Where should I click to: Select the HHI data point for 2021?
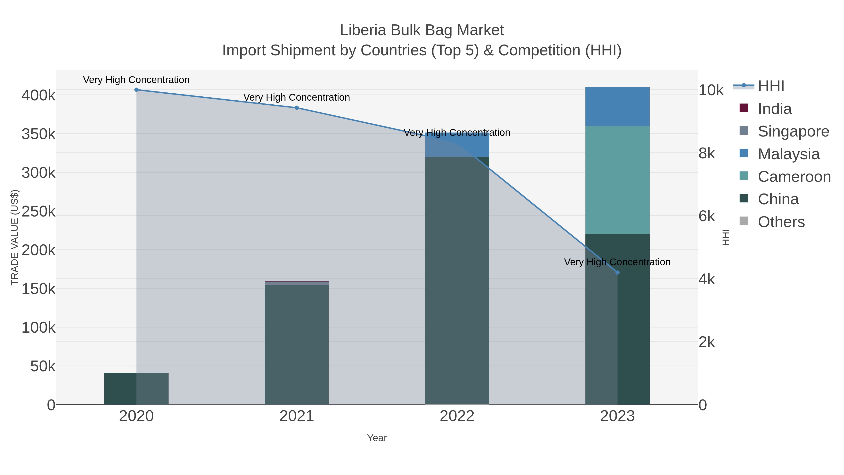point(297,108)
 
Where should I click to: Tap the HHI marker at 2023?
point(617,272)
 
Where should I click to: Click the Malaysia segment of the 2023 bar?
point(617,106)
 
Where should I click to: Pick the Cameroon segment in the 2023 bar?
point(617,180)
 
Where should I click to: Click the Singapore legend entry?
point(793,131)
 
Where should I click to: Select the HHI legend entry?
point(771,86)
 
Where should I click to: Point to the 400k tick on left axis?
point(38,95)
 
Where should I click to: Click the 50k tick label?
point(43,366)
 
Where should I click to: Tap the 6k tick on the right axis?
point(707,216)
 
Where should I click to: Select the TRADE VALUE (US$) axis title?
point(15,237)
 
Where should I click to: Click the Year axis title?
point(377,438)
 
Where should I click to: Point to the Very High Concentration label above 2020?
point(136,80)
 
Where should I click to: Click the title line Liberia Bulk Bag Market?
point(422,30)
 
